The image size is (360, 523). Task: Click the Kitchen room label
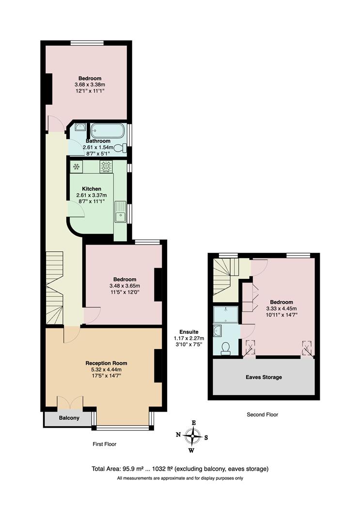point(92,189)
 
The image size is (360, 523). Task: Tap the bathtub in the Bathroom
point(107,131)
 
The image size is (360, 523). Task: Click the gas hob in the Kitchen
point(107,167)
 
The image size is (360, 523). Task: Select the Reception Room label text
point(106,363)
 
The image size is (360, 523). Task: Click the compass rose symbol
point(192,436)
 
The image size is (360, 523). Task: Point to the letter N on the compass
point(178,435)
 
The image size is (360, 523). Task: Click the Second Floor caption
point(262,415)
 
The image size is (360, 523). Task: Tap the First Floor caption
point(104,444)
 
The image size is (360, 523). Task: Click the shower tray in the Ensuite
point(226,314)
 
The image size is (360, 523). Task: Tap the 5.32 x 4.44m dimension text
point(106,369)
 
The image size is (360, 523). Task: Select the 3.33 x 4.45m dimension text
point(281,308)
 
